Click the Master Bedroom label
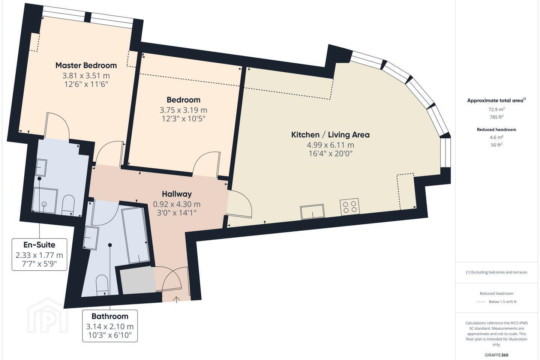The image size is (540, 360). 86,65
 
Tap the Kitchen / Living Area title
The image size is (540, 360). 330,135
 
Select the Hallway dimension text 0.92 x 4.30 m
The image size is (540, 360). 177,204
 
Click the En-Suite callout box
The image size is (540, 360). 39,254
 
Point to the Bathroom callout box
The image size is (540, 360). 110,326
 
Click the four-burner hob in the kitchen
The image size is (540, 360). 349,207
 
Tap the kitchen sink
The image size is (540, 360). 312,212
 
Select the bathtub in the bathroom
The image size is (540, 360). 135,235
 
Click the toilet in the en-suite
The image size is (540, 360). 68,205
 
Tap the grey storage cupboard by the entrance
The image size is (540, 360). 138,281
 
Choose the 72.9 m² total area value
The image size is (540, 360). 496,109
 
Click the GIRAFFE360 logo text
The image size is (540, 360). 496,355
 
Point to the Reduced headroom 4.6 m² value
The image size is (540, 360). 496,137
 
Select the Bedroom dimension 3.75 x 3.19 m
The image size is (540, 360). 183,110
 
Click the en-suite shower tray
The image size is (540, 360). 45,201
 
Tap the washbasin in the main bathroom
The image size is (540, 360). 91,237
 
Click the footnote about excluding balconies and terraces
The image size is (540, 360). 496,272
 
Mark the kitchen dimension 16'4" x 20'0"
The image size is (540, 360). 330,154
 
